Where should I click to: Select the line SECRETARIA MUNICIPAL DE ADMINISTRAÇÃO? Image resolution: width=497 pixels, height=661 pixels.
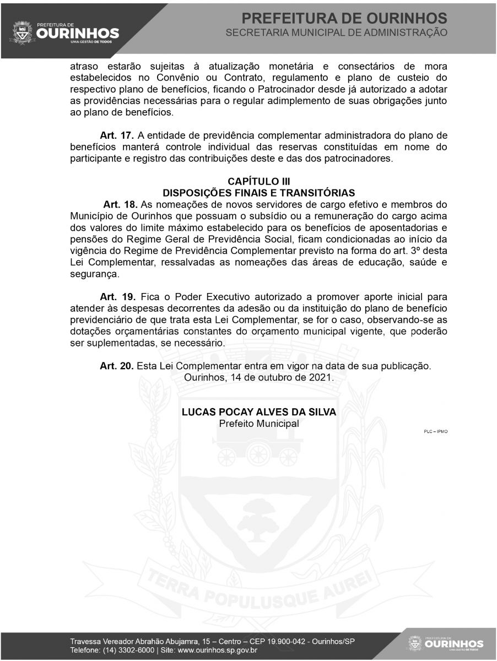(337, 33)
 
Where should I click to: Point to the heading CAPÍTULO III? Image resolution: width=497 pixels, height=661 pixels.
(258, 182)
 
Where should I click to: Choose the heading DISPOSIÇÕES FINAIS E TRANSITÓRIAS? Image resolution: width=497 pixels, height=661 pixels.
(258, 193)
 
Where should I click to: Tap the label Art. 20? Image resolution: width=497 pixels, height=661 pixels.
(117, 365)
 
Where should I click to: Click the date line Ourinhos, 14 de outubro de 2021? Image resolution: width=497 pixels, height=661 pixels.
(258, 378)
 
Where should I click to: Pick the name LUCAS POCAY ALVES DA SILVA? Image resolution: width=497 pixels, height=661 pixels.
(258, 412)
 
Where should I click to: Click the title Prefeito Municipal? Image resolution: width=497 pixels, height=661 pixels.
(258, 424)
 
